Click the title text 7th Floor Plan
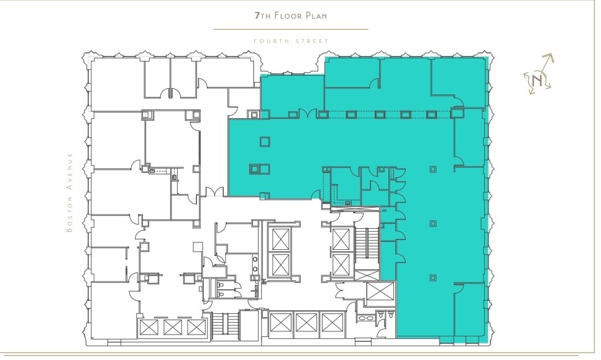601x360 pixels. (291, 16)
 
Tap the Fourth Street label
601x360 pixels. (291, 41)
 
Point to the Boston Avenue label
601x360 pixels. (70, 193)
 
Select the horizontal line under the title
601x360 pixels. (291, 29)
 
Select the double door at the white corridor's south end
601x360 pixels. (214, 193)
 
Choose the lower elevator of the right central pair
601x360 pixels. (341, 264)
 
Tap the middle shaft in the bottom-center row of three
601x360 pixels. (306, 323)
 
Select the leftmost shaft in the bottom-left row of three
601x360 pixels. (150, 327)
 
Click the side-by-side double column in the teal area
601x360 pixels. (260, 168)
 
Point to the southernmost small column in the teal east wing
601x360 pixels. (433, 277)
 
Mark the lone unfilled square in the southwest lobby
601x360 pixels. (198, 247)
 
